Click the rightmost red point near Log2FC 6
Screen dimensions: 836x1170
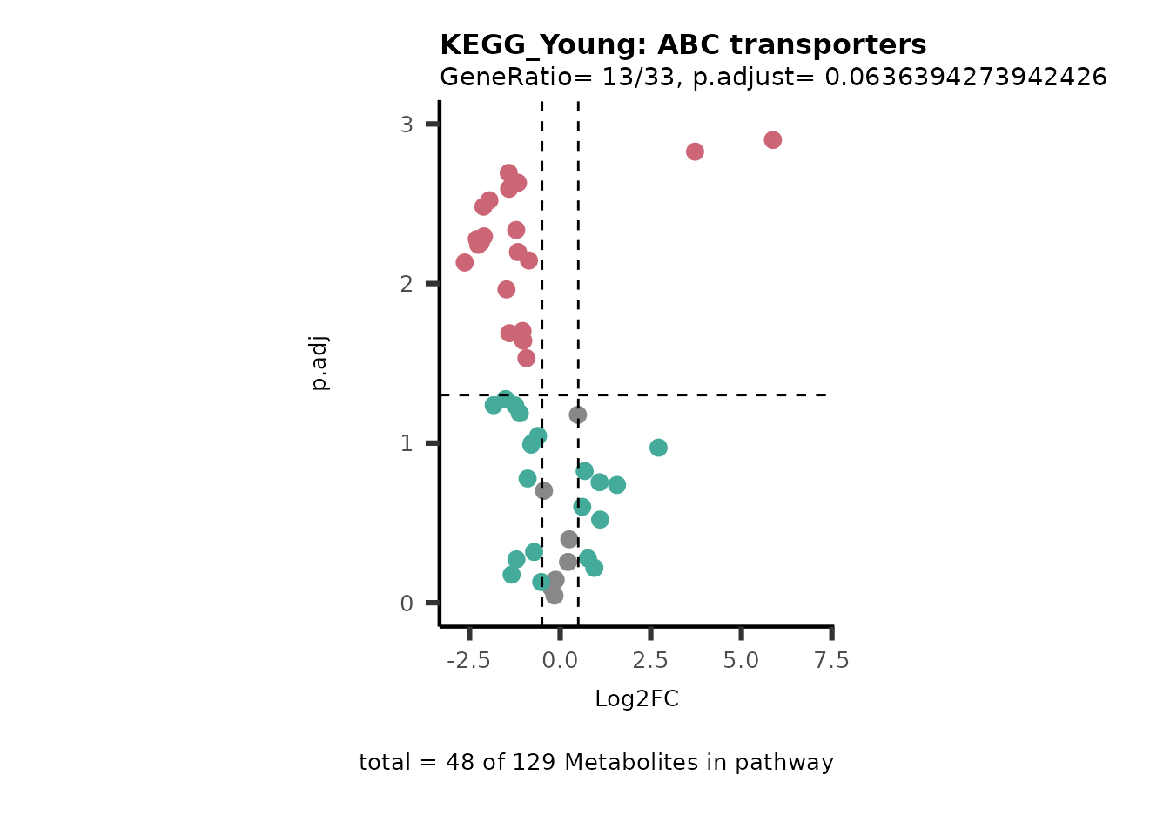pyautogui.click(x=772, y=140)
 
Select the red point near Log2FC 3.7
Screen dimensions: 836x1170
pyautogui.click(x=695, y=152)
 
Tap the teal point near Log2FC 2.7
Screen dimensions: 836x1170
pyautogui.click(x=658, y=448)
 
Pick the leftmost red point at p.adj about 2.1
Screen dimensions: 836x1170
pyautogui.click(x=465, y=262)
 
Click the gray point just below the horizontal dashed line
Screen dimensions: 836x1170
pyautogui.click(x=577, y=415)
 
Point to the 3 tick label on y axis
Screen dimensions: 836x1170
pyautogui.click(x=407, y=125)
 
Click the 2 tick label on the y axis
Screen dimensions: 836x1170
pyautogui.click(x=407, y=284)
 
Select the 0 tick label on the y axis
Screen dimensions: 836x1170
pyautogui.click(x=407, y=603)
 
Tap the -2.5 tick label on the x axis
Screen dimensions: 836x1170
pyautogui.click(x=468, y=661)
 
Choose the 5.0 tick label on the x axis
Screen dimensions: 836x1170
pyautogui.click(x=741, y=661)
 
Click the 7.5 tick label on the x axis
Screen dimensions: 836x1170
pyautogui.click(x=831, y=661)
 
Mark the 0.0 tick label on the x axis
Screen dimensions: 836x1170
pyautogui.click(x=560, y=661)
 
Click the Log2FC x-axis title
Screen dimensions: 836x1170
pyautogui.click(x=636, y=699)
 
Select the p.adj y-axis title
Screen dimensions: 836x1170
pyautogui.click(x=320, y=362)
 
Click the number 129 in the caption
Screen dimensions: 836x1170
pyautogui.click(x=531, y=763)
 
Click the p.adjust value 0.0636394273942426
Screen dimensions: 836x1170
pyautogui.click(x=965, y=78)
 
